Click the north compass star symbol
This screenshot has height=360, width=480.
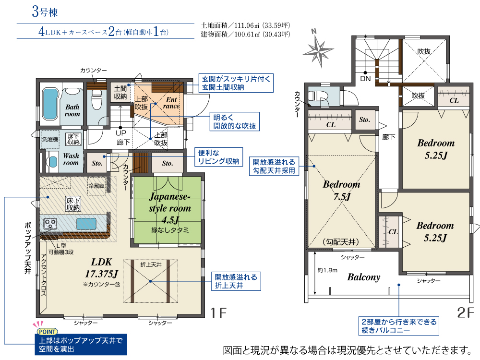coord(318,50)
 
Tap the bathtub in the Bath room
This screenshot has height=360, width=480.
coord(50,104)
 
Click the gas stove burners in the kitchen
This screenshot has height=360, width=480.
coord(50,223)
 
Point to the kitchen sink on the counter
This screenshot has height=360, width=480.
coord(86,224)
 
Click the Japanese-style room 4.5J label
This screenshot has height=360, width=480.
coord(170,208)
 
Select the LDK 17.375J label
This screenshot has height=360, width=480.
coord(102,268)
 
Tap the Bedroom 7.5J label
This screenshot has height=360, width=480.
coord(342,190)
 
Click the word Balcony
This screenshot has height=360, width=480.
coord(364,277)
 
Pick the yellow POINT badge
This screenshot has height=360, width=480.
coord(48,332)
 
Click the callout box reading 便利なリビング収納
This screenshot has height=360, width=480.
coord(218,157)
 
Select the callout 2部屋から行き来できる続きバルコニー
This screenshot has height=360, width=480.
coord(399,326)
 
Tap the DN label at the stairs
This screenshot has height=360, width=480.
coord(365,79)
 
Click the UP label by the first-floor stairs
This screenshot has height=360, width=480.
coord(121,133)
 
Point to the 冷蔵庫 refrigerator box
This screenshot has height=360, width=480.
coord(97,186)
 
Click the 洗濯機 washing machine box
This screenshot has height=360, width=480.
coord(50,139)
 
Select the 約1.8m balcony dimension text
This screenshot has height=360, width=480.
coord(327,270)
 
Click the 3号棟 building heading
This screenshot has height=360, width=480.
coord(45,12)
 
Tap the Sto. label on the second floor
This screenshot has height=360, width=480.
coord(364,120)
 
